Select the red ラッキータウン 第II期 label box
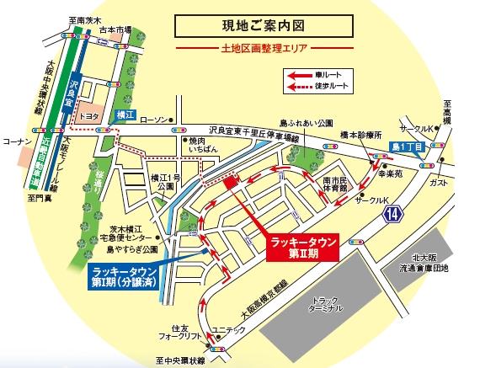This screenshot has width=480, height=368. point(304,244)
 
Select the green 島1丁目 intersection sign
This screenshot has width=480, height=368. point(408,147)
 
